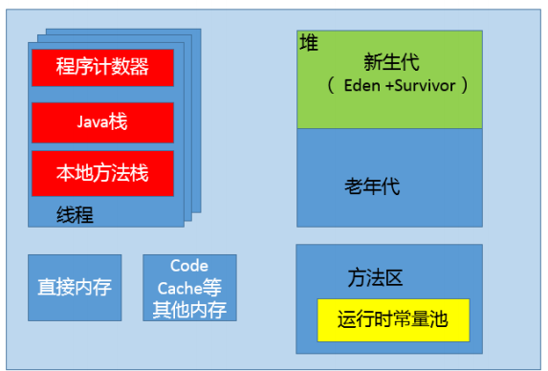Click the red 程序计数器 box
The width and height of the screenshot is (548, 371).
point(102,67)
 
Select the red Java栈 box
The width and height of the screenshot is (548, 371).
point(102,121)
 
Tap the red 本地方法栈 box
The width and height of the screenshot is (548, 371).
point(102,173)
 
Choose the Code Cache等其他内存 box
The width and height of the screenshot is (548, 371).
point(188,287)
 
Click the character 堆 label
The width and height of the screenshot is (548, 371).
point(308,44)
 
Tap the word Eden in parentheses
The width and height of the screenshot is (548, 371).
point(361,85)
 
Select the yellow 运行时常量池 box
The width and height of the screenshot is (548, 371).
point(392,318)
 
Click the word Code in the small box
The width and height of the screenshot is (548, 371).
point(188,265)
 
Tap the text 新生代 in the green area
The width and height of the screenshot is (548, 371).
point(392,61)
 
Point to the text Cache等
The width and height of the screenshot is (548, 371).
point(188,287)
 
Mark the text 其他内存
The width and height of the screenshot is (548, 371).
point(188,308)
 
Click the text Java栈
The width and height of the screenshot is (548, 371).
point(102,121)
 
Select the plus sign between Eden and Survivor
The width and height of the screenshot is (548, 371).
point(387,85)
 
